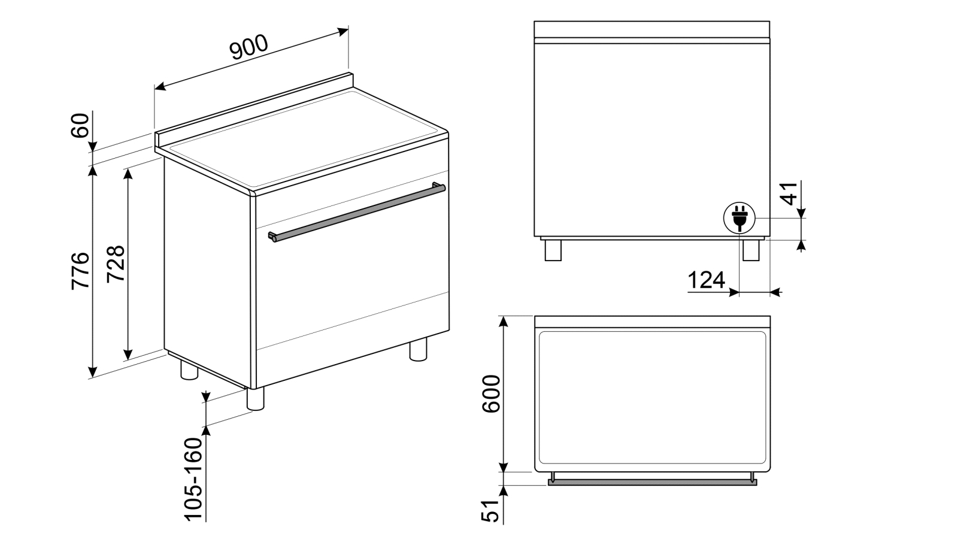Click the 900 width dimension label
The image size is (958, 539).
249,47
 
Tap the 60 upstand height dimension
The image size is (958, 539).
80,125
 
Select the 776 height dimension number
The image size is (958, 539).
80,271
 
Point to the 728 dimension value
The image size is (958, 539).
116,264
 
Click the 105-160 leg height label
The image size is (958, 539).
193,479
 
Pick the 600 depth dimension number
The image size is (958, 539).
491,394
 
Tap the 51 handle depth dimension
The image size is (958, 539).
490,511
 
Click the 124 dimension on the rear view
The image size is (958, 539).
706,281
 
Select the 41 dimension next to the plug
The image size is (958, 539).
789,193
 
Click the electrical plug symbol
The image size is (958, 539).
739,218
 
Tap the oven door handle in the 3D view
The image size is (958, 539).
357,212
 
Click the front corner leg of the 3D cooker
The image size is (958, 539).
255,399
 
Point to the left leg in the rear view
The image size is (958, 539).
553,250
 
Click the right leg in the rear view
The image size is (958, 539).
751,250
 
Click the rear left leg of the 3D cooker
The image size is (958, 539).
189,370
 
